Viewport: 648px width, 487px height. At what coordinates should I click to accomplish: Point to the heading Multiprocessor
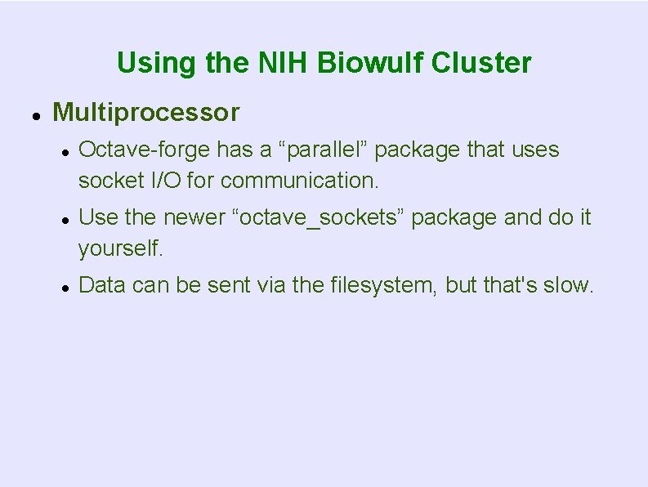pyautogui.click(x=145, y=112)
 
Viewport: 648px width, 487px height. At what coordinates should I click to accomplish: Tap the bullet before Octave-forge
pyautogui.click(x=64, y=151)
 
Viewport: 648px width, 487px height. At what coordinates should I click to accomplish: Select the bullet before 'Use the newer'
pyautogui.click(x=64, y=219)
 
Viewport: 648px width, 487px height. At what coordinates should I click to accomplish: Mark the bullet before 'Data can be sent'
pyautogui.click(x=64, y=287)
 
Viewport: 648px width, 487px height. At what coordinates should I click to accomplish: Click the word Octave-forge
pyautogui.click(x=145, y=150)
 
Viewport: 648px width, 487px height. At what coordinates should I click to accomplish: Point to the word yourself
pyautogui.click(x=121, y=247)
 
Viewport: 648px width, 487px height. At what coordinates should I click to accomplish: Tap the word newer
pyautogui.click(x=193, y=218)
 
